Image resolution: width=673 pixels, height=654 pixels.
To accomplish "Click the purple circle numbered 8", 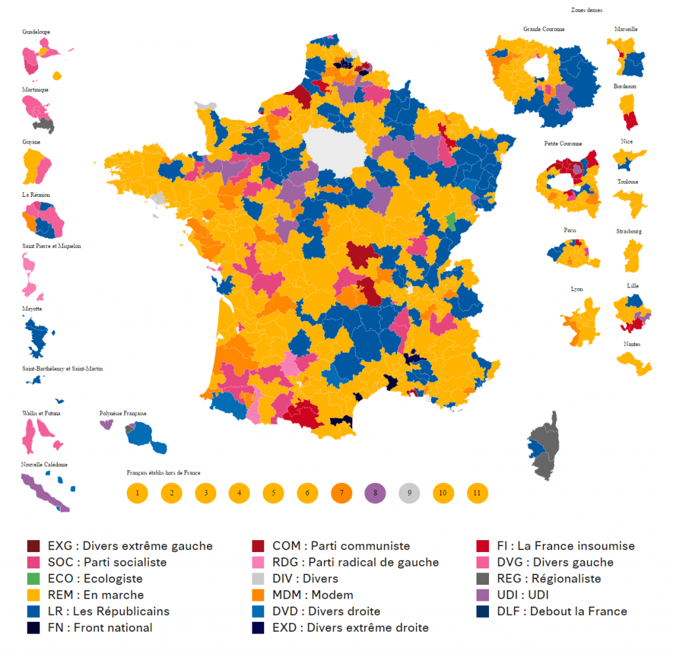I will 375,492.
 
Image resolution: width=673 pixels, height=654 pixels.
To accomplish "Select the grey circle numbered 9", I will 409,492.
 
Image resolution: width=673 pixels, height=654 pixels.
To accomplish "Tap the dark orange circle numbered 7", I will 341,492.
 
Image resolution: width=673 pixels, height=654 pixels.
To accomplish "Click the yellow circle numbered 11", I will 477,492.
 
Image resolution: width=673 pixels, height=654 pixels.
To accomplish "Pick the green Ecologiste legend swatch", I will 34,579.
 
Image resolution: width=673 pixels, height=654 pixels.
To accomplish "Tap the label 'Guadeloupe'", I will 36,32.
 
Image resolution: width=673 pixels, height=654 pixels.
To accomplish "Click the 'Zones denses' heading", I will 588,11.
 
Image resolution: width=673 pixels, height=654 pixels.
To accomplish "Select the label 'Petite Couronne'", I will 563,143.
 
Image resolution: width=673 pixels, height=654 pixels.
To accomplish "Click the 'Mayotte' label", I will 32,308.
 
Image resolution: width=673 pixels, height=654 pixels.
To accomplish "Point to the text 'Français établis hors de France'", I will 164,472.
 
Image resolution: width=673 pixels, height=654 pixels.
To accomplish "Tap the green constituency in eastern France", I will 450,220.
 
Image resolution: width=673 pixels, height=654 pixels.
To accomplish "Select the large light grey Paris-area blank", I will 335,153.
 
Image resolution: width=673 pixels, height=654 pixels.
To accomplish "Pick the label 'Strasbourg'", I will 629,232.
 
